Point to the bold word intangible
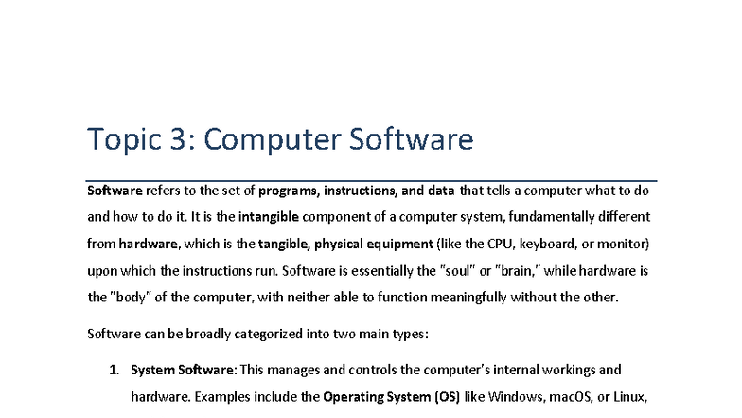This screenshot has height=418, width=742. pos(274,216)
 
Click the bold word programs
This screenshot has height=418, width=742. pos(288,190)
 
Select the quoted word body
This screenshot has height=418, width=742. pos(130,297)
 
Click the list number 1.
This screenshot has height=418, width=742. pos(114,370)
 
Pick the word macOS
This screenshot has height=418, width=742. pos(577,396)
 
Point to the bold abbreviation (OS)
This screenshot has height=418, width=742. pos(446,396)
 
